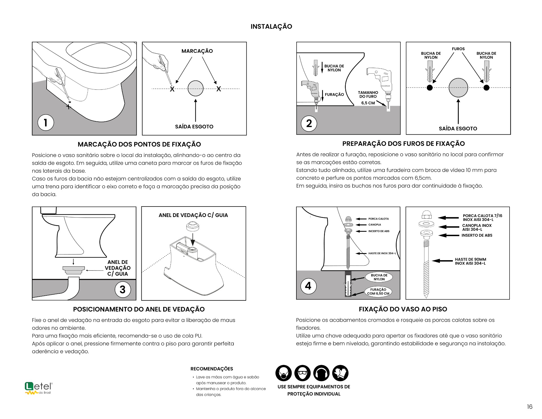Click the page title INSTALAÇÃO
tap(271, 27)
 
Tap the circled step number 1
tap(45, 122)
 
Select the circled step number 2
tap(309, 123)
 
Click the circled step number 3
tap(123, 289)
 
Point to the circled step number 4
tap(308, 286)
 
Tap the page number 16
tap(530, 407)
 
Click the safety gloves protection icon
tap(340, 373)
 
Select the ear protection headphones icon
tap(321, 373)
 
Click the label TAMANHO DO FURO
tap(368, 95)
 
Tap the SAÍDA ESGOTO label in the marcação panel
tap(194, 127)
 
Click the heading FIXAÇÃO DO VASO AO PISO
tap(403, 309)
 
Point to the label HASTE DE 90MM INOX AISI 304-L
tap(470, 261)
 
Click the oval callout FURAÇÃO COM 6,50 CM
tap(378, 291)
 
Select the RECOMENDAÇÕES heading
tap(212, 369)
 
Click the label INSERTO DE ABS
tap(477, 235)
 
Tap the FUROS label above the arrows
tap(458, 49)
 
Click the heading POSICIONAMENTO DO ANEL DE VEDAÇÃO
tap(139, 309)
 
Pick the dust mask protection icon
tap(283, 373)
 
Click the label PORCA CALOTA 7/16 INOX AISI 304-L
tap(482, 218)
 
